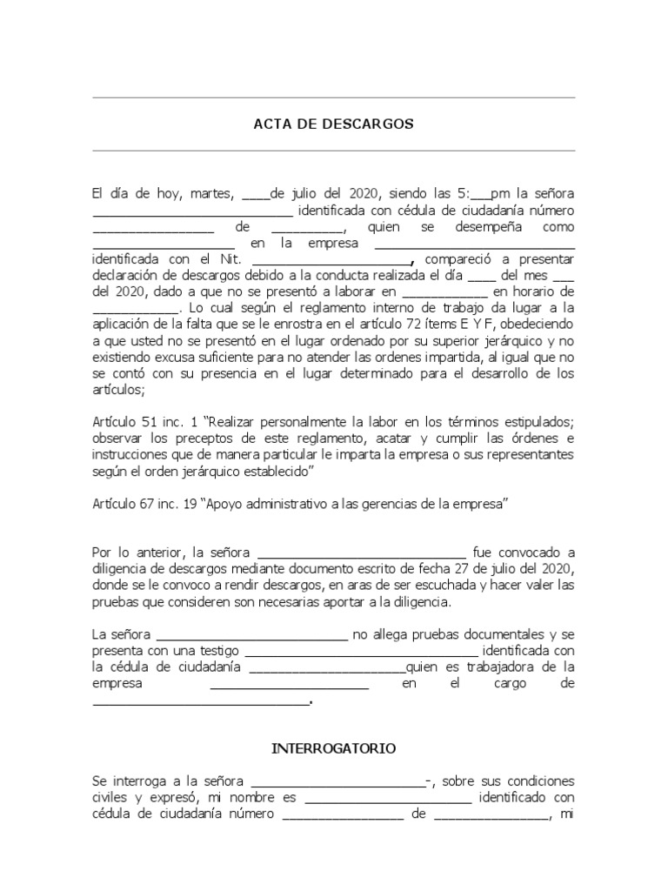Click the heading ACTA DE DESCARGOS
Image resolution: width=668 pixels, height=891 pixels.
(333, 124)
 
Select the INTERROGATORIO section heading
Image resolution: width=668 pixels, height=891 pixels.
(334, 747)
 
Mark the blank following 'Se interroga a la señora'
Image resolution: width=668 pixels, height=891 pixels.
(337, 783)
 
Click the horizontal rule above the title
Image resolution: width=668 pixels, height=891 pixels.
(333, 97)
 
